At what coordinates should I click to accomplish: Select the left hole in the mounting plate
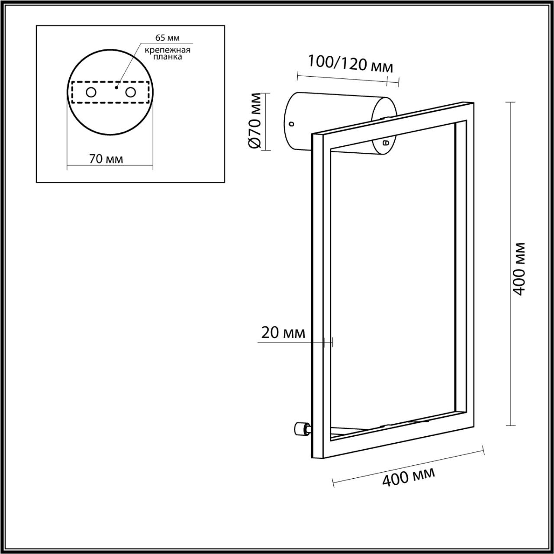(91, 92)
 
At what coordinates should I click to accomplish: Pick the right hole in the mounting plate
(130, 92)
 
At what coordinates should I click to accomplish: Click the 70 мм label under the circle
(106, 159)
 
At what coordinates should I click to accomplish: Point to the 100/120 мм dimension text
(350, 64)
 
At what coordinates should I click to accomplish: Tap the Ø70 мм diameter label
(255, 121)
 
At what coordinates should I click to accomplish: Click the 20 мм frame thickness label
(283, 333)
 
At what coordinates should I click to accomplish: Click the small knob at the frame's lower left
(299, 429)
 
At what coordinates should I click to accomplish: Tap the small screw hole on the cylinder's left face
(291, 124)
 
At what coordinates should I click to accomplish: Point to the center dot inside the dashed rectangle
(116, 87)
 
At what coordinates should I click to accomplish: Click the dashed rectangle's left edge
(72, 92)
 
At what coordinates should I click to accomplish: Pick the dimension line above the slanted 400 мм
(408, 466)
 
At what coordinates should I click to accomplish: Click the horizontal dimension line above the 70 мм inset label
(110, 167)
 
